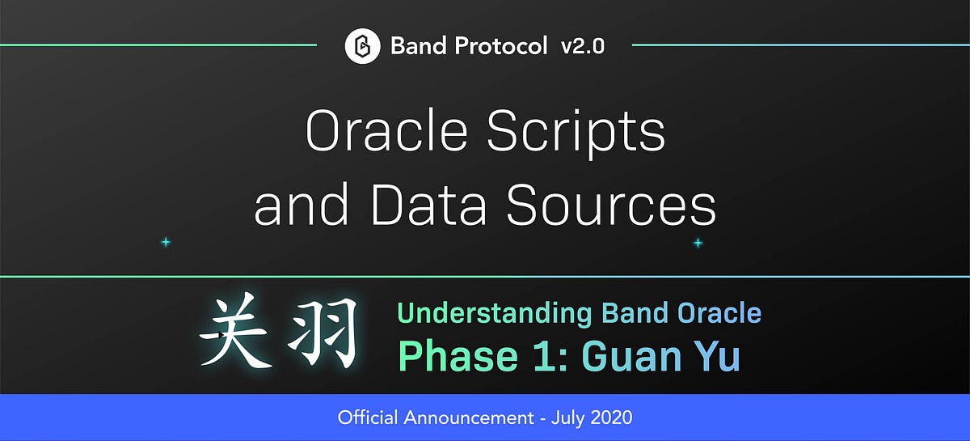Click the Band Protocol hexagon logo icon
(362, 46)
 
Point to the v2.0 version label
(582, 46)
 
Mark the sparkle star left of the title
(166, 242)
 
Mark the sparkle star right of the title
(698, 243)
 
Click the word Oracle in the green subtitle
(718, 312)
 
